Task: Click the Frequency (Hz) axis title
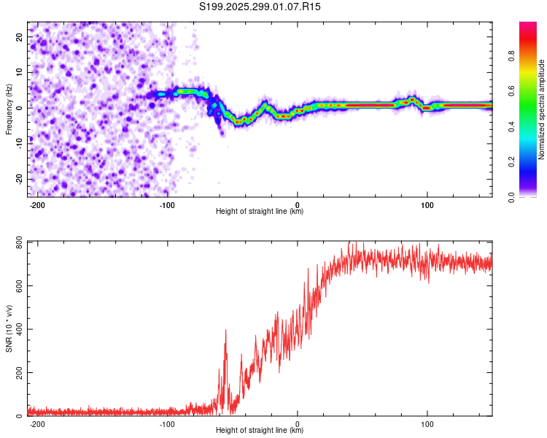point(9,109)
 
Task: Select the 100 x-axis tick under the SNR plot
point(427,423)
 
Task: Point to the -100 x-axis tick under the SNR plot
point(167,423)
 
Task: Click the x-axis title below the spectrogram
point(260,212)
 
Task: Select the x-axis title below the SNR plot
point(260,431)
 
